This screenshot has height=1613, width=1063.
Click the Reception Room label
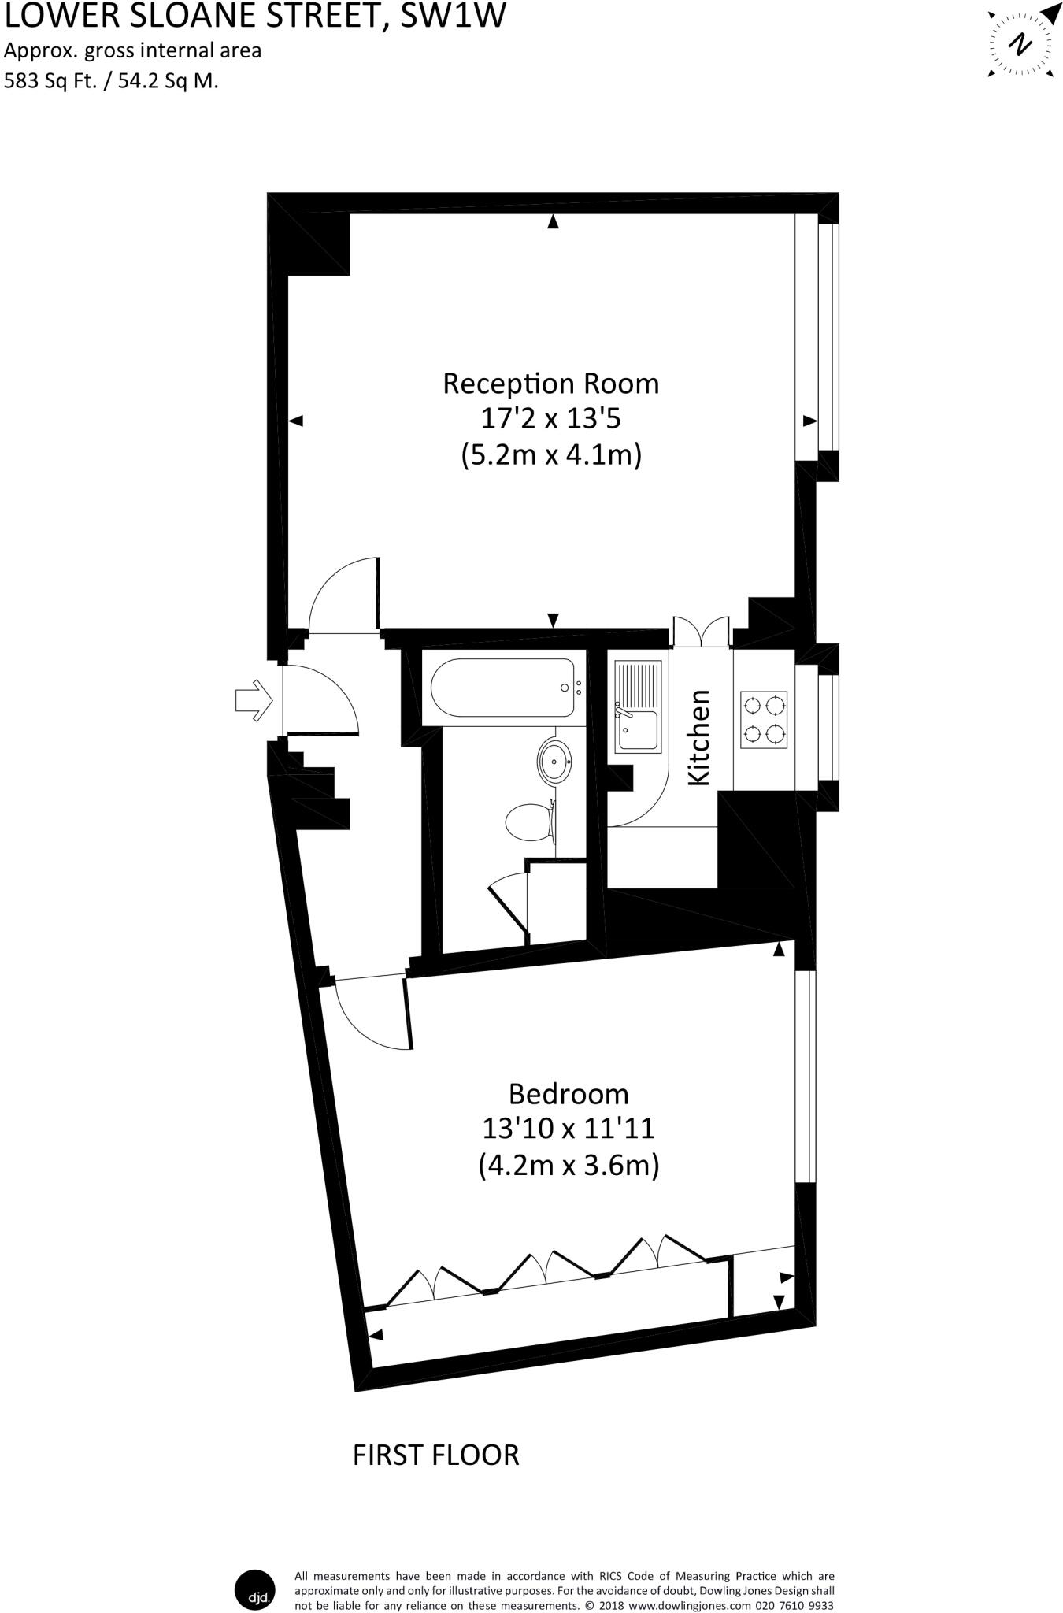click(x=550, y=384)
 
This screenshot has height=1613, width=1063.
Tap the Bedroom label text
click(x=568, y=1094)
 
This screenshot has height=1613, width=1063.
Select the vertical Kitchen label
click(x=698, y=737)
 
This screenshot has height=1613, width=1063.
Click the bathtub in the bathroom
click(x=504, y=688)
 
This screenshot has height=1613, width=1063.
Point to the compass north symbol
click(x=1021, y=43)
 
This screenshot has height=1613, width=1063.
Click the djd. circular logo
click(x=256, y=1590)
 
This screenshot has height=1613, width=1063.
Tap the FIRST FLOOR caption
click(x=435, y=1455)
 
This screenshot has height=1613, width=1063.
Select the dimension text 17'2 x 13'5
click(x=550, y=419)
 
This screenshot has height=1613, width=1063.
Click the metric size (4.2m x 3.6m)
click(x=568, y=1165)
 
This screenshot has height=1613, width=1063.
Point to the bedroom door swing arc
click(x=370, y=1016)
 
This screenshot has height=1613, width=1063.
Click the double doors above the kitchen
click(x=702, y=632)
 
